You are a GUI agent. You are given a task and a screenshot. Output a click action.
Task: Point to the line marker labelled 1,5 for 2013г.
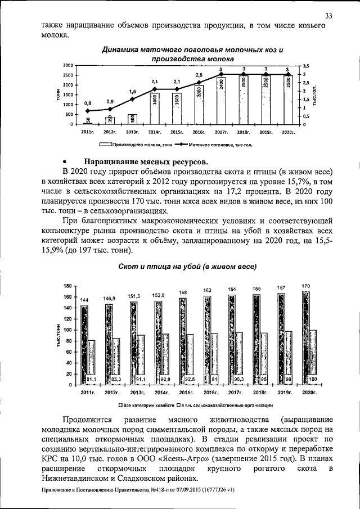tap(132, 99)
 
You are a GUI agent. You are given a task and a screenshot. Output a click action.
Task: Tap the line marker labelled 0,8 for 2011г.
tap(87, 111)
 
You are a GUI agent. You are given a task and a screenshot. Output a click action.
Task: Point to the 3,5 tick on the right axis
tap(307, 66)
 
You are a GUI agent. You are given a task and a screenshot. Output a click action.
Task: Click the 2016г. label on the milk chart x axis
tap(199, 132)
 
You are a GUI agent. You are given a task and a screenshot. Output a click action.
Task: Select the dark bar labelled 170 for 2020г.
tap(305, 337)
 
